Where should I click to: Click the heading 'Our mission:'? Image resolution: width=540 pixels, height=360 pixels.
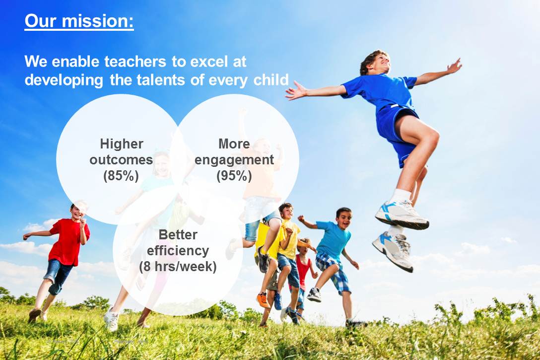tap(79, 21)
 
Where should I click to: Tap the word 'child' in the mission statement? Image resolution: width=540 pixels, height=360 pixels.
tap(271, 80)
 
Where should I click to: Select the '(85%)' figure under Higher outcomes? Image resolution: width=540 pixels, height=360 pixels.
tap(121, 176)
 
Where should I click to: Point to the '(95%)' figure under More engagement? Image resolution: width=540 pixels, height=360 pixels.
tap(234, 176)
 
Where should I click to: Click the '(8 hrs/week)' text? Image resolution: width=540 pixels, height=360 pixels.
tap(178, 266)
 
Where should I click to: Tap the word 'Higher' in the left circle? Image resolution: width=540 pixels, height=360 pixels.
tap(122, 144)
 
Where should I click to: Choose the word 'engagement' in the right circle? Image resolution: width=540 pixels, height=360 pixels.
tap(234, 160)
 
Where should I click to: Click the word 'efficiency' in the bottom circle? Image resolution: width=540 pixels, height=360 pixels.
tap(178, 250)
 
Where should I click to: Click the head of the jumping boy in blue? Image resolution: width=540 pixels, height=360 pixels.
tap(375, 63)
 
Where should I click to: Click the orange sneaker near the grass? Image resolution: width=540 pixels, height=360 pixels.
tap(263, 300)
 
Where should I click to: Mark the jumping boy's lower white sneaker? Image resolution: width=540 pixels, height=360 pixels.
tap(393, 250)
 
